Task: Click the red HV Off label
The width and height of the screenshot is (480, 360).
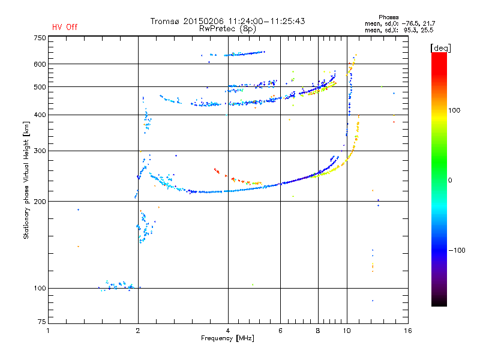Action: pos(65,27)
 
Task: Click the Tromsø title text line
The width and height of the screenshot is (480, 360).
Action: pos(227,21)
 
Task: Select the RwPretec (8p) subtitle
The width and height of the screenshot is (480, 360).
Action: pos(227,28)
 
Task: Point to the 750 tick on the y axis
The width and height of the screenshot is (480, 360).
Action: pos(39,38)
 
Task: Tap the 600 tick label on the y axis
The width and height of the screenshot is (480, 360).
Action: pos(39,64)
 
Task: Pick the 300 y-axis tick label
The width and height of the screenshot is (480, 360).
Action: pos(39,151)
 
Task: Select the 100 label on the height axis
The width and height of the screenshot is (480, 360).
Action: pos(39,289)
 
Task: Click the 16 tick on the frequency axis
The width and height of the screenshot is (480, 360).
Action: pos(407,331)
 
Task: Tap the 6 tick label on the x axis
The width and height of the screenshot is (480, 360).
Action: pos(281,331)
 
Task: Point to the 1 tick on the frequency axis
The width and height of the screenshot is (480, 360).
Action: pos(49,331)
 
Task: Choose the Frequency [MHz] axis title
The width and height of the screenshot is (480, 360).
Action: pos(227,339)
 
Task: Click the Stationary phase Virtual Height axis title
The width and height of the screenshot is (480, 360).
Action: pos(26,180)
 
